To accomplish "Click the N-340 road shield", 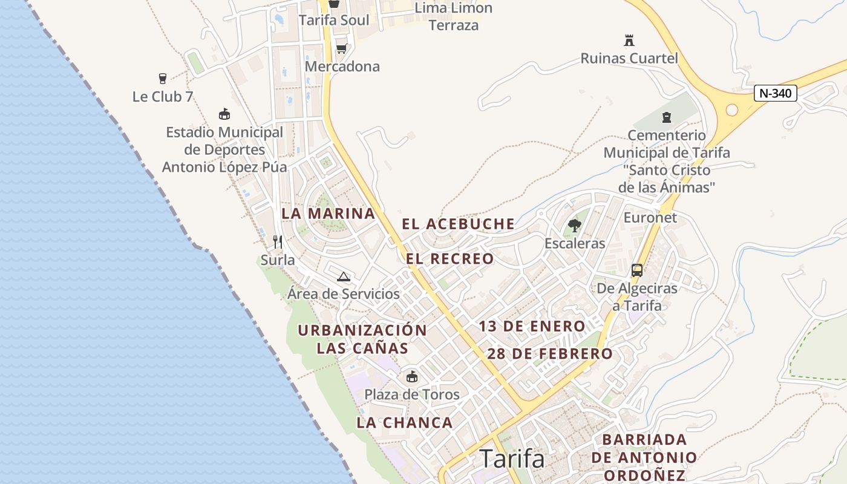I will tap(776, 93).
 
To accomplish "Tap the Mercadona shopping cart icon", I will tap(341, 48).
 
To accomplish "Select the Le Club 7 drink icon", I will tap(162, 78).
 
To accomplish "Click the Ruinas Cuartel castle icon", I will tap(629, 41).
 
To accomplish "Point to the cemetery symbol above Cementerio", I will tap(667, 117).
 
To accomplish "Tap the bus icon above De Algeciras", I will tap(637, 270).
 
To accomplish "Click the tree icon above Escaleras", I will tap(575, 226).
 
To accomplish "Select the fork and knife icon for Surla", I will tap(278, 242).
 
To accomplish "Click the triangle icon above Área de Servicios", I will tap(344, 277).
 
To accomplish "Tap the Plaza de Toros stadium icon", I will tap(412, 376).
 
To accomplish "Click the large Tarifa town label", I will tap(512, 459).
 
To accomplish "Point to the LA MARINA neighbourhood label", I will tap(329, 214).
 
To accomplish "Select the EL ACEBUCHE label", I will tap(459, 224).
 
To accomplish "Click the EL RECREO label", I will tap(450, 259).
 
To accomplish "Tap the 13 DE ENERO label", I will tap(532, 327).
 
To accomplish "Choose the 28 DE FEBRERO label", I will tap(550, 354).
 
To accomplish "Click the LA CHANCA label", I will tap(405, 423).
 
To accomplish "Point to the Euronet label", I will tap(650, 218).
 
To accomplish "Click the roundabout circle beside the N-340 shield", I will tap(732, 110).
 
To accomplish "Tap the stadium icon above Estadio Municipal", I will tap(224, 114).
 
